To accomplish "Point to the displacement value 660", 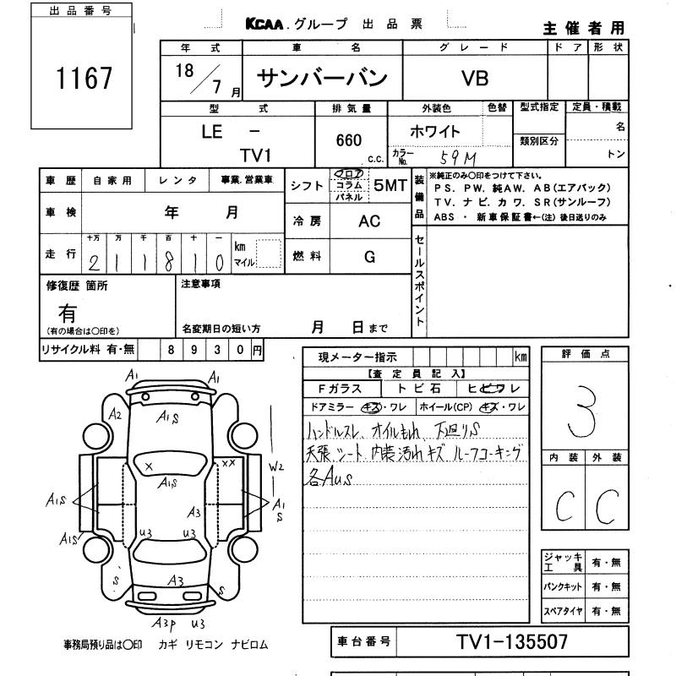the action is (x=348, y=139).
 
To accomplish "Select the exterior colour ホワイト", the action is (x=435, y=132).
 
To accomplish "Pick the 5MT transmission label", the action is (x=390, y=186).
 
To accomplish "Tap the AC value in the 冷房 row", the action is (x=370, y=221).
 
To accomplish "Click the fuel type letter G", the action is (x=369, y=257).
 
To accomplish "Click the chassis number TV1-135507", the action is (x=512, y=642).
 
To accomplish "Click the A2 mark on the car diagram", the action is (x=116, y=414).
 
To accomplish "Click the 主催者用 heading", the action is (x=584, y=28).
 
